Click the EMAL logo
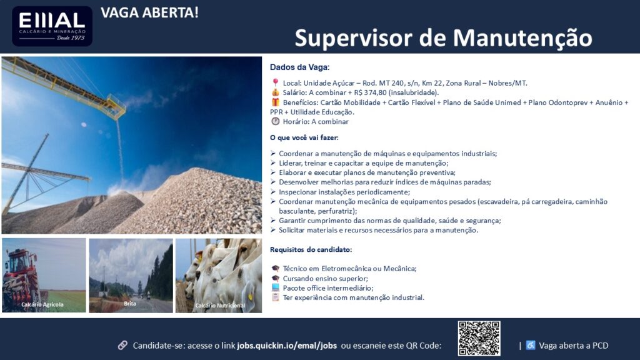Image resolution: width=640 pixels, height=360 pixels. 52,26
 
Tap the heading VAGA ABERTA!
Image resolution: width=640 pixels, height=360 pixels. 149,12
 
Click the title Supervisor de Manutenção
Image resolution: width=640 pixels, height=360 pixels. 443,38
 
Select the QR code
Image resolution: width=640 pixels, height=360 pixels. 479,338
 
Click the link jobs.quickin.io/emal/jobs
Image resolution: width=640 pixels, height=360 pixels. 287,346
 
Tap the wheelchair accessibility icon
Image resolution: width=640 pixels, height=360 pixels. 530,345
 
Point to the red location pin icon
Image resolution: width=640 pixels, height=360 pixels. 276,83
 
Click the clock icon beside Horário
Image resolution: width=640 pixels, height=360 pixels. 276,121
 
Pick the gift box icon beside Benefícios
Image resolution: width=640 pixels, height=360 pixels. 276,102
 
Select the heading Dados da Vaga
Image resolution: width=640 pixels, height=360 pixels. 299,67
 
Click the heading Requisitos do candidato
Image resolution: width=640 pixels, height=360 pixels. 311,249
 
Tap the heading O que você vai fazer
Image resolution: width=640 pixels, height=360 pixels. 304,137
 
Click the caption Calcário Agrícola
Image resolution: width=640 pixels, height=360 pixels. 42,304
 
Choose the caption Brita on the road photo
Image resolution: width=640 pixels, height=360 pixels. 130,304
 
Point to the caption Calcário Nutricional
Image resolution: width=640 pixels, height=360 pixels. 220,305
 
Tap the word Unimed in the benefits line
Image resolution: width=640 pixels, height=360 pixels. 508,102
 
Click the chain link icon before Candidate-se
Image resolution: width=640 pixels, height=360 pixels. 122,345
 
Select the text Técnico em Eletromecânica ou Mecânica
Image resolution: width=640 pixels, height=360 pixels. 349,269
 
